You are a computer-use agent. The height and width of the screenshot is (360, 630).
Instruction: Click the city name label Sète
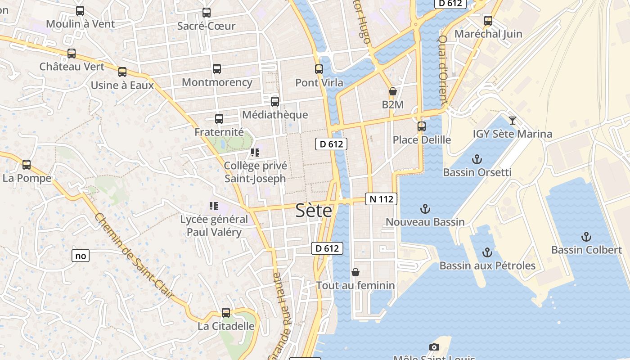pos(314,211)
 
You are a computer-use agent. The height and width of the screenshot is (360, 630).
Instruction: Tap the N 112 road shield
pos(381,199)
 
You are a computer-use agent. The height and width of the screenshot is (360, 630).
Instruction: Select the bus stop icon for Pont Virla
pos(319,69)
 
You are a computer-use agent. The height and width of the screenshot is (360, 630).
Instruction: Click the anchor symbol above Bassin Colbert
pos(586,236)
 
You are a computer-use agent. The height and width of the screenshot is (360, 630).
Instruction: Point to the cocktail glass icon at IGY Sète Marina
pos(512,120)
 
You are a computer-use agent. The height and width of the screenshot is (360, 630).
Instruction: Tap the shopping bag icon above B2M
pos(392,91)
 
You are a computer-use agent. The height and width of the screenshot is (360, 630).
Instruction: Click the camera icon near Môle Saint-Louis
pos(434,347)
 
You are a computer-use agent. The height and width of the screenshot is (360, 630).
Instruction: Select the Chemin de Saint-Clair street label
pos(134,255)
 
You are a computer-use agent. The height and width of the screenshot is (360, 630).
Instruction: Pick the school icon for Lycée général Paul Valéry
pos(214,206)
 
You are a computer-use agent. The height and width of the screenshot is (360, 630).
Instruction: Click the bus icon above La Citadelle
pos(226,313)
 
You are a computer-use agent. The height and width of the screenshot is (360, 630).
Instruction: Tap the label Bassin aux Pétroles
pos(487,265)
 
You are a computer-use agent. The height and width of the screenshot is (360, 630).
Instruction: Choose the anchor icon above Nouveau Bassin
pos(425,209)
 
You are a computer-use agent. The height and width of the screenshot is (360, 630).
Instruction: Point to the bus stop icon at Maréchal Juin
pos(488,21)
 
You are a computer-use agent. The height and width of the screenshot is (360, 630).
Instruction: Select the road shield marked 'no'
pos(81,256)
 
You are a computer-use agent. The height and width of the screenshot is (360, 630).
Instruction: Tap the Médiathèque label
pos(275,115)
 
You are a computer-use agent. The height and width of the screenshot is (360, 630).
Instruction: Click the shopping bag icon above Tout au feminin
pos(355,272)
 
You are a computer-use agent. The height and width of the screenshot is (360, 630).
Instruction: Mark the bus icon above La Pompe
pos(27,165)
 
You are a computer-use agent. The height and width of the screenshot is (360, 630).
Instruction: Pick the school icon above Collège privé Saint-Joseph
pos(255,153)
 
